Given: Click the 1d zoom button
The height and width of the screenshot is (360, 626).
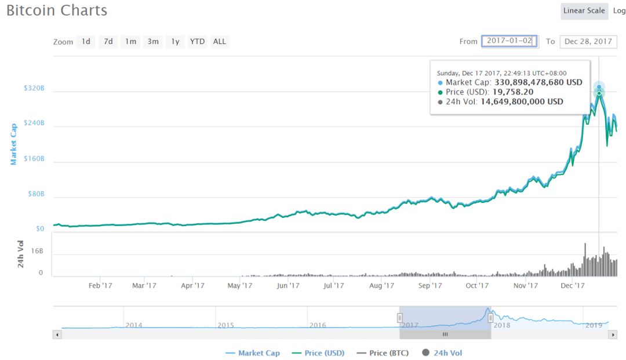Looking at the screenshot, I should pos(86,42).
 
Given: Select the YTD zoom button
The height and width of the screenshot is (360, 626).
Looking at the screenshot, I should pos(197,42).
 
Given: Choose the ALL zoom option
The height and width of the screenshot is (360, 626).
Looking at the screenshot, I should pos(220,42).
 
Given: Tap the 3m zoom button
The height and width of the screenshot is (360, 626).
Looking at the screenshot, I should pos(153,42).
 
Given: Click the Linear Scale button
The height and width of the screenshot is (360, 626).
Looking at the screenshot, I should pos(584,11).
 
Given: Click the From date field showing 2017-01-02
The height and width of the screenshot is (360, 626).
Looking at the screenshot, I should pos(509,41).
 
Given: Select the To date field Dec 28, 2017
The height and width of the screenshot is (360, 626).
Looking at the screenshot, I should pos(588,42).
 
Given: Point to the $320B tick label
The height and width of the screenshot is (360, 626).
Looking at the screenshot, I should pos(34,89).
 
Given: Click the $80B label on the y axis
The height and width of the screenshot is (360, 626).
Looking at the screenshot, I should pos(37,194).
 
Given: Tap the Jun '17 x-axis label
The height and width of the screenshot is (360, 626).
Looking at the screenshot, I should pos(288,285).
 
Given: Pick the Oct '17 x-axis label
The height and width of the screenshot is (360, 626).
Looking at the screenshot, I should pos(477,285).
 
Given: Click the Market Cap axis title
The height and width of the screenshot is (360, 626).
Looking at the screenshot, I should pos(14,143).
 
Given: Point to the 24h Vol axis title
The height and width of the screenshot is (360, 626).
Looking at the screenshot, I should pos(21,254).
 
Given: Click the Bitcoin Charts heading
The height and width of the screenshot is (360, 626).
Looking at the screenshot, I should pos(57,10).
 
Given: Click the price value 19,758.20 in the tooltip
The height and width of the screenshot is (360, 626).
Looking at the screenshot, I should pos(513,92).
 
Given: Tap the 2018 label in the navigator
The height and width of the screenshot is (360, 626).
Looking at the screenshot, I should pos(501,325).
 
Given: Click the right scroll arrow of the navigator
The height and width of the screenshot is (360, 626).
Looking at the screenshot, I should pos(613,334).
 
